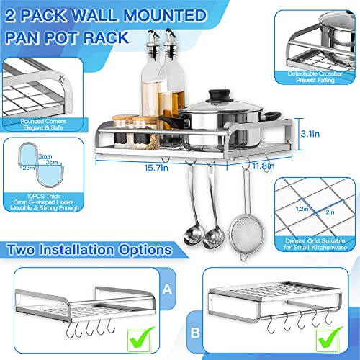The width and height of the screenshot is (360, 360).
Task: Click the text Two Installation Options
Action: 88,250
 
